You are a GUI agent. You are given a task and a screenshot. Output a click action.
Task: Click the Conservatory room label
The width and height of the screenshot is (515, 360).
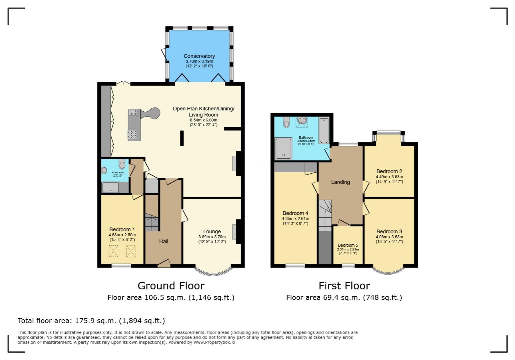[x=199, y=56]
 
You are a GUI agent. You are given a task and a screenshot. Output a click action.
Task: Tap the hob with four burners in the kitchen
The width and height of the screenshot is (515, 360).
[x=132, y=135]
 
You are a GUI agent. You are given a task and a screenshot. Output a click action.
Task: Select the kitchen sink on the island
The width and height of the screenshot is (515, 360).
[x=133, y=112]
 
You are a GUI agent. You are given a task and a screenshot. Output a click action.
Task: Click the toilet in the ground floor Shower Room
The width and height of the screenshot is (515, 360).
[x=122, y=164]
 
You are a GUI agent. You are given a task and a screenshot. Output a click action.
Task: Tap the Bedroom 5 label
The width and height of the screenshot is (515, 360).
[x=348, y=245]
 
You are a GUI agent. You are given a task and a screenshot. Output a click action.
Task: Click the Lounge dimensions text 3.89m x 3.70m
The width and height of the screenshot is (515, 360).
[x=212, y=237]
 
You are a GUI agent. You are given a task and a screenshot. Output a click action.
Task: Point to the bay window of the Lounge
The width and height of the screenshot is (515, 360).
[x=212, y=271]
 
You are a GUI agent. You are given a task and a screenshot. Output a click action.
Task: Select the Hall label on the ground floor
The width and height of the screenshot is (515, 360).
[x=163, y=241]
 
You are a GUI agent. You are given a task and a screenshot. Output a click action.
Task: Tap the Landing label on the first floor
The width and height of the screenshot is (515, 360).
[x=340, y=182]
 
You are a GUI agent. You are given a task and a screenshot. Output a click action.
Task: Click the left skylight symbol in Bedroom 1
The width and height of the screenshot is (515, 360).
[x=114, y=251]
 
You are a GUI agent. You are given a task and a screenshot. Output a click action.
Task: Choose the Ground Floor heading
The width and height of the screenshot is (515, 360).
[x=171, y=286]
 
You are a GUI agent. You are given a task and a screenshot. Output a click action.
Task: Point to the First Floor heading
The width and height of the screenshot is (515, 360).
[x=344, y=286]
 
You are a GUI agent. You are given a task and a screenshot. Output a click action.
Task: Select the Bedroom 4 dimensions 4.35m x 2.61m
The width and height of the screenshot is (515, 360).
[x=295, y=219]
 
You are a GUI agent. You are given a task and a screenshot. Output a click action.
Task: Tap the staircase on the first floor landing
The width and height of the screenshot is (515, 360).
[x=325, y=215]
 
